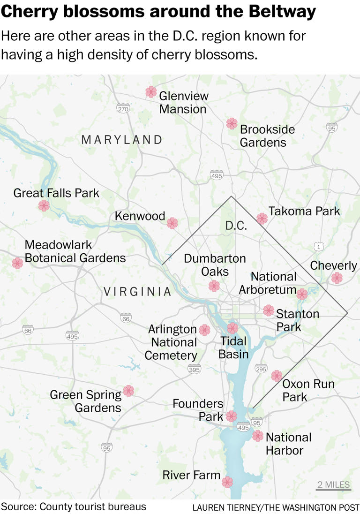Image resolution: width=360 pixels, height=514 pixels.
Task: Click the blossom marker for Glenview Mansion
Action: pos(151,92)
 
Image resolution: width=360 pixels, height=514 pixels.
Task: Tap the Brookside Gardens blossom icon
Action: pos(232,123)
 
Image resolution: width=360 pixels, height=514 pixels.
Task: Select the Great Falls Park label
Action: pos(56,193)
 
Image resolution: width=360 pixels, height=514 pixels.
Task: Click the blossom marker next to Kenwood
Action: pos(172,223)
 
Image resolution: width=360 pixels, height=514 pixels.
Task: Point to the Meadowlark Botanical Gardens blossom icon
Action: pos(17,263)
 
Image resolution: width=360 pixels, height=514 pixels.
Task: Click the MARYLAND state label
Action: pos(122,139)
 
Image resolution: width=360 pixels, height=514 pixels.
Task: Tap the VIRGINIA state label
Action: pos(137,292)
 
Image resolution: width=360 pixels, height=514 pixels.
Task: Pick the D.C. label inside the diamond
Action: pos(236,226)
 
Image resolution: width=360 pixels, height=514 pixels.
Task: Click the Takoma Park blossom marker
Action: pos(262,218)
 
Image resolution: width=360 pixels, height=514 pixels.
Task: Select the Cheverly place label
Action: pos(333,265)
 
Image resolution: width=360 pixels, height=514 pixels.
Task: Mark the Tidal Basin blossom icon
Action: pos(232,328)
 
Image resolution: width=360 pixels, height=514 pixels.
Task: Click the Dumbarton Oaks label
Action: pos(215,265)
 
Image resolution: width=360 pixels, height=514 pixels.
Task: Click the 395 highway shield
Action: pos(194,370)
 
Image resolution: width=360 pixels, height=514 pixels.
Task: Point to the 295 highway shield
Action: pos(261,370)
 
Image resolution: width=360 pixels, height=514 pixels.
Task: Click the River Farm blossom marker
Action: pos(227,482)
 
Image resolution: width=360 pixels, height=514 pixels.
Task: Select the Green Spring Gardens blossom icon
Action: pos(128,391)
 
